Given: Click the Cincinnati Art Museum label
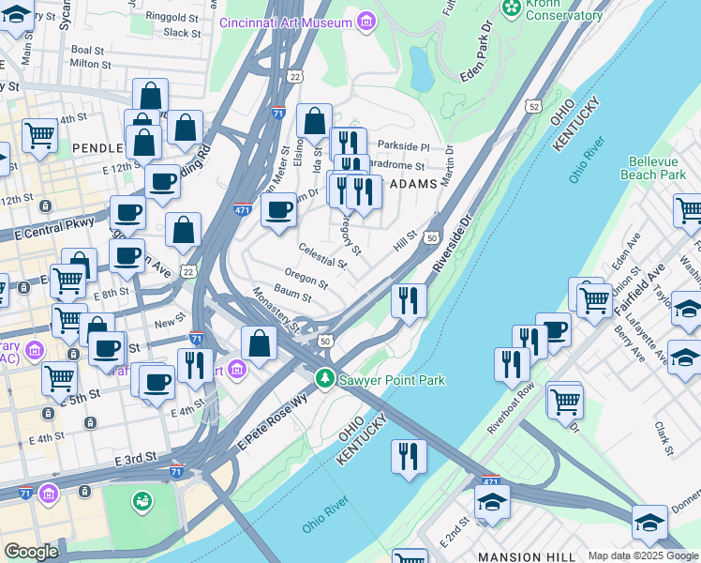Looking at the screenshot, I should tap(286, 22).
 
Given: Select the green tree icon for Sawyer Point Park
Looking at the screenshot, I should tap(324, 379).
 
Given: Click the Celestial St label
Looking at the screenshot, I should tap(322, 254).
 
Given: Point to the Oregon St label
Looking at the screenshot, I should tap(306, 279).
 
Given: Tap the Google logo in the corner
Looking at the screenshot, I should tap(31, 551).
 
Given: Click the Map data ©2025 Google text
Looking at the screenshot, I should tap(642, 555).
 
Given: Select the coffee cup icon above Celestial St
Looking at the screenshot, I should tap(278, 210).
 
